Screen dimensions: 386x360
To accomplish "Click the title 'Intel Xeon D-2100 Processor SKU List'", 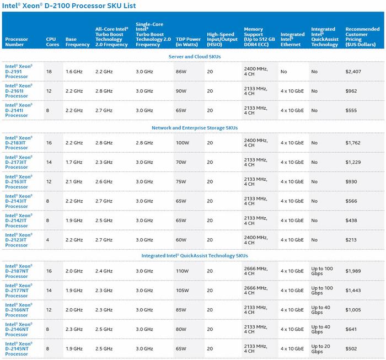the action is [x=69, y=6].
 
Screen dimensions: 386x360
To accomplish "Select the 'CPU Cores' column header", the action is [x=52, y=42].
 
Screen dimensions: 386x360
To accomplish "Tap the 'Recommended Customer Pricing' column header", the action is [x=362, y=37].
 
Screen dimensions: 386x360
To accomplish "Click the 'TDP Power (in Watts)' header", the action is [x=188, y=42].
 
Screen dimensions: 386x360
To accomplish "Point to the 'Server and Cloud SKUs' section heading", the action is [x=195, y=57].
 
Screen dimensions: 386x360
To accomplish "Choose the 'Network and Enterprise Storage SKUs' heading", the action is [x=195, y=128].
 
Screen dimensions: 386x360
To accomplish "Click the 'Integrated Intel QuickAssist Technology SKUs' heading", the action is [x=195, y=256].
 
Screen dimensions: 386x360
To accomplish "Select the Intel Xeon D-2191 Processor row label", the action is [x=19, y=71].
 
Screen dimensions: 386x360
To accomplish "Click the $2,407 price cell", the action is [x=353, y=72].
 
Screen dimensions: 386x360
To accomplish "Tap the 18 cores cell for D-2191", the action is [x=49, y=72].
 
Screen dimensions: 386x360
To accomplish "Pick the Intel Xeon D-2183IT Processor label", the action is [x=19, y=143].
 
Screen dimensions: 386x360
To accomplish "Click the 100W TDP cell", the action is [x=183, y=143].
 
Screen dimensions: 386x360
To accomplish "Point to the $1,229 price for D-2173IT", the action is [x=353, y=162].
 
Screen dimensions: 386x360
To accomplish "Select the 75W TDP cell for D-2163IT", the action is [x=181, y=181].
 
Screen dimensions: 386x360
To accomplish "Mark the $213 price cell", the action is [x=351, y=240].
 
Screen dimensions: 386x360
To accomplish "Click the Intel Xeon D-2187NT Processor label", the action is [x=19, y=271].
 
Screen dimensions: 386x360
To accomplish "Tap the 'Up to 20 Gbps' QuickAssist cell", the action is [x=320, y=348].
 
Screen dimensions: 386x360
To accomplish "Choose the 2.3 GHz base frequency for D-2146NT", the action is [x=74, y=329].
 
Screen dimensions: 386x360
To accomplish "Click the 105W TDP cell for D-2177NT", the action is [x=183, y=291].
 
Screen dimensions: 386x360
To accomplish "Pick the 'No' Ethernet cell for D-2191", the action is [x=283, y=72].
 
